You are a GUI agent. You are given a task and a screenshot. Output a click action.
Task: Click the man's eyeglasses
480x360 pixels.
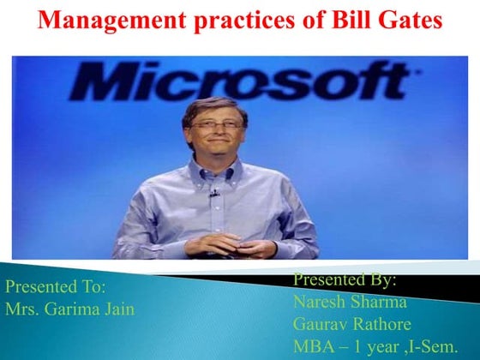click(216, 125)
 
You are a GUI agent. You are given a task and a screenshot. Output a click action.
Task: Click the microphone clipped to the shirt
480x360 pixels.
click(214, 193)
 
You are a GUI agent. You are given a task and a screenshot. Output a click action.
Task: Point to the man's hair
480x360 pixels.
click(214, 105)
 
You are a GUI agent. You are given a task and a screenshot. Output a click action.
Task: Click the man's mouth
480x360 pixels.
click(217, 147)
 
